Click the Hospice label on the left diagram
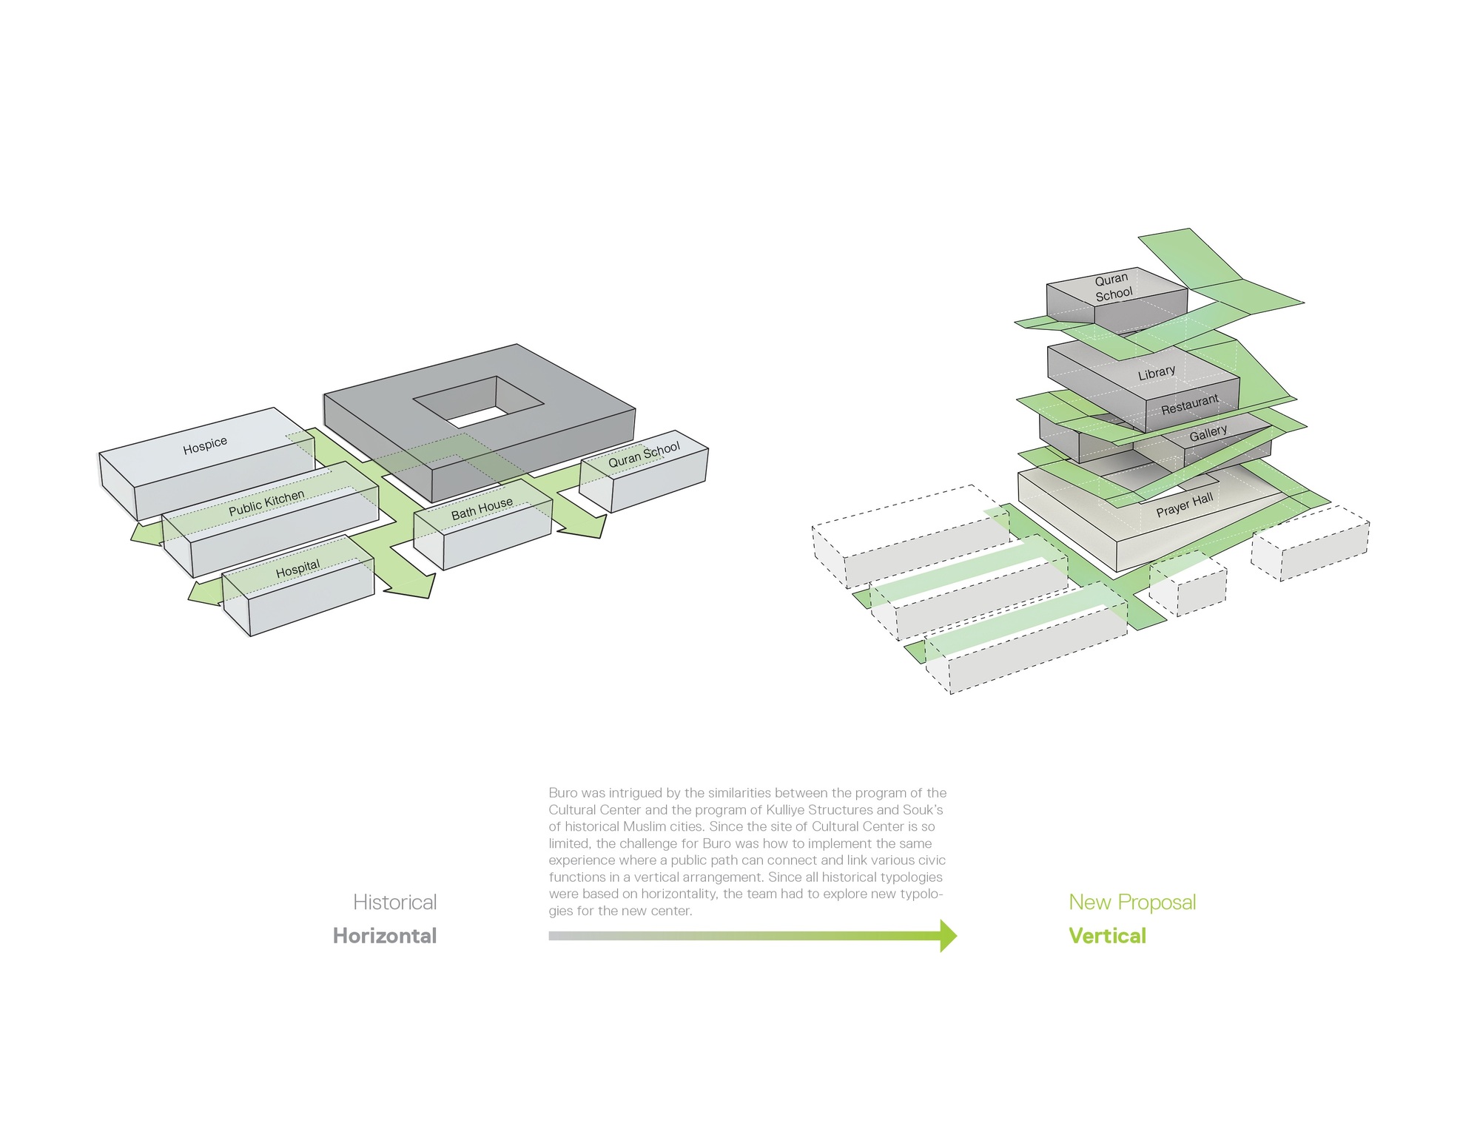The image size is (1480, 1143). (x=205, y=445)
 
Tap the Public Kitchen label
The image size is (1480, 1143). (x=266, y=503)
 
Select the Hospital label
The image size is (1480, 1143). (x=297, y=569)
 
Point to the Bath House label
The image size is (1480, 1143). (x=482, y=508)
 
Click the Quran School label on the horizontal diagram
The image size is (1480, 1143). (x=644, y=455)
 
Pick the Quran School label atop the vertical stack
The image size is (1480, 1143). (x=1113, y=286)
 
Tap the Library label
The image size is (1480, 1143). (x=1156, y=373)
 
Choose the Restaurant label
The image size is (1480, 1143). (x=1189, y=404)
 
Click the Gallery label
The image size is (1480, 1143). (x=1208, y=433)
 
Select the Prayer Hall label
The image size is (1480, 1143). (x=1184, y=505)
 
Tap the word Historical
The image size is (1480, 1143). (x=394, y=903)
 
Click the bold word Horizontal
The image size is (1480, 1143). (x=385, y=936)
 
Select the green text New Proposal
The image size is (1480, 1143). (x=1132, y=903)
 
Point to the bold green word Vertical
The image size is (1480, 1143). (x=1107, y=936)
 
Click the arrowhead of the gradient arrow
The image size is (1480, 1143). (x=948, y=936)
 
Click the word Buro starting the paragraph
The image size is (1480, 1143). (x=563, y=793)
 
